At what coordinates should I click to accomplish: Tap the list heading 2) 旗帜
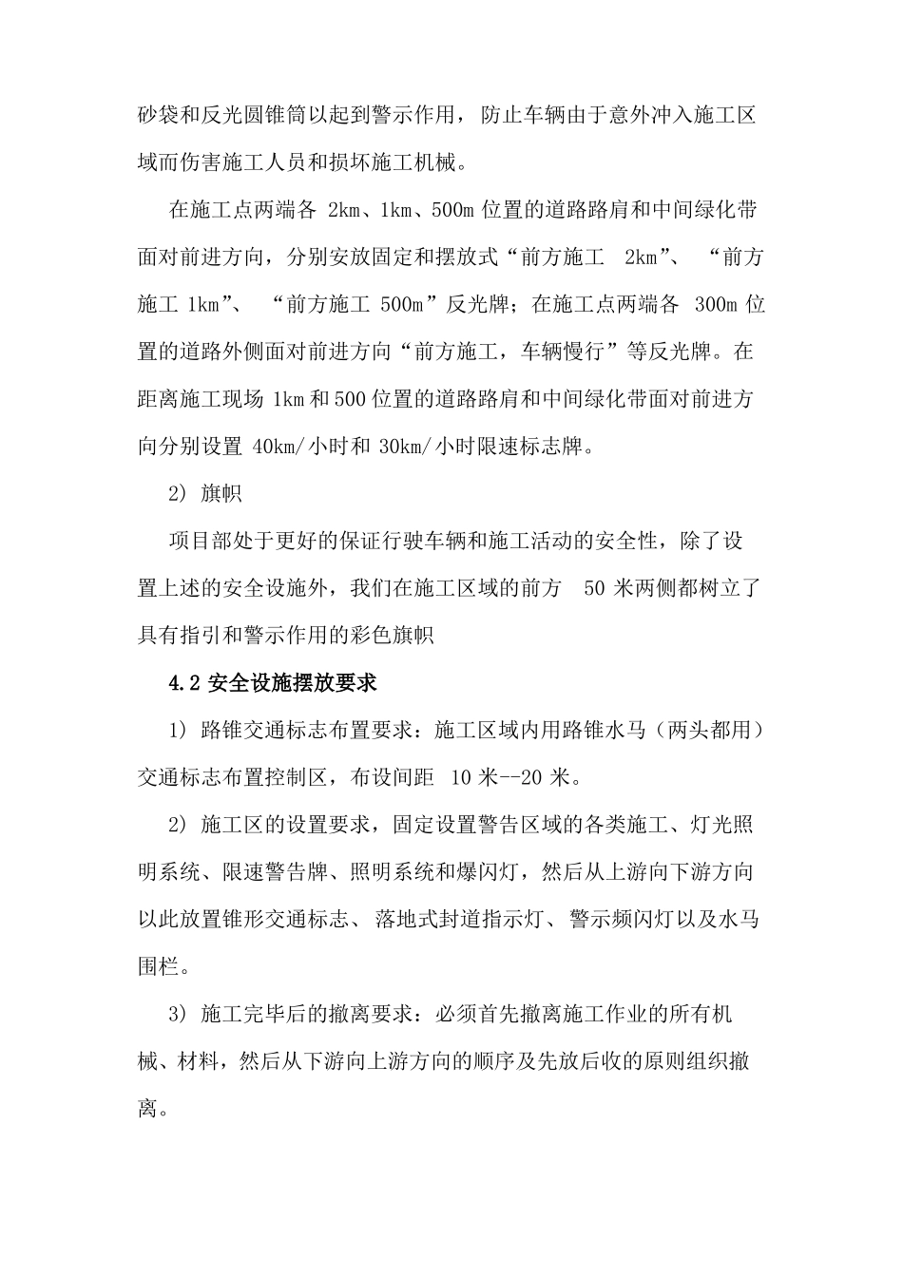click(204, 494)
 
